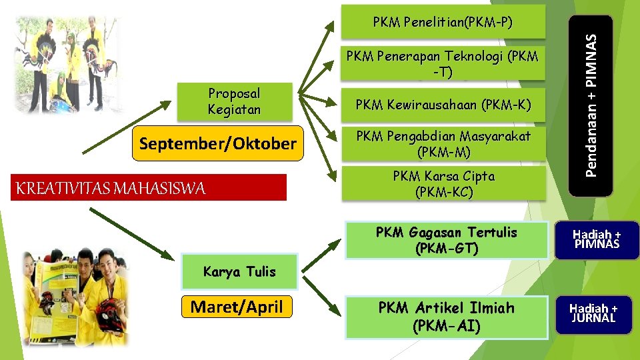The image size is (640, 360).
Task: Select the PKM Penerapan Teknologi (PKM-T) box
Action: [443, 65]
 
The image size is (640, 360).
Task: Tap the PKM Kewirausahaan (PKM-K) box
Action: [443, 105]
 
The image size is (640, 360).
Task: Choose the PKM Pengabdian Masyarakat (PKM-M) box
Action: [443, 145]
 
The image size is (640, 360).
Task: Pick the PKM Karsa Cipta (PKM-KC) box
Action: [443, 185]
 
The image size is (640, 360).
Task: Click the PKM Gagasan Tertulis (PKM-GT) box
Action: [446, 240]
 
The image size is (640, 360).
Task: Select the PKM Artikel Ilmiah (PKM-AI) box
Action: [446, 317]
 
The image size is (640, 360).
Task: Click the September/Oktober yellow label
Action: [217, 143]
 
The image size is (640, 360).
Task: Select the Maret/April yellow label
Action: [237, 307]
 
